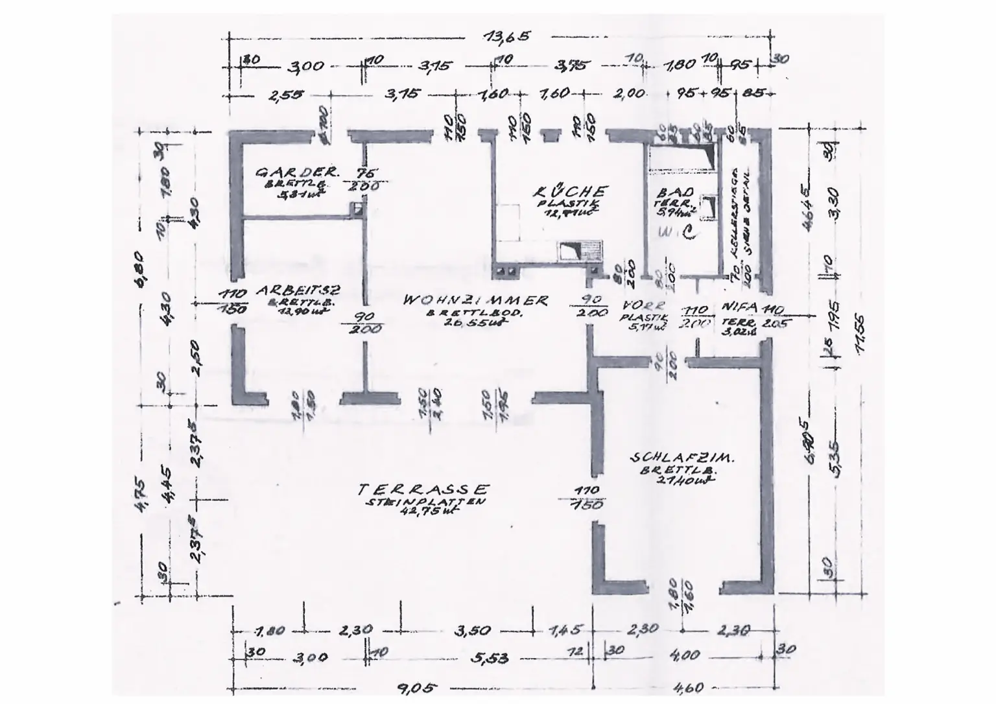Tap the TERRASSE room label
coord(424,489)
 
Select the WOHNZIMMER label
coord(475,301)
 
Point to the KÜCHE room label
coord(571,192)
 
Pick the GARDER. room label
coord(297,172)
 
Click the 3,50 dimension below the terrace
coord(471,630)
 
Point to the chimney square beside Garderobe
coord(356,208)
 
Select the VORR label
coord(643,305)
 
